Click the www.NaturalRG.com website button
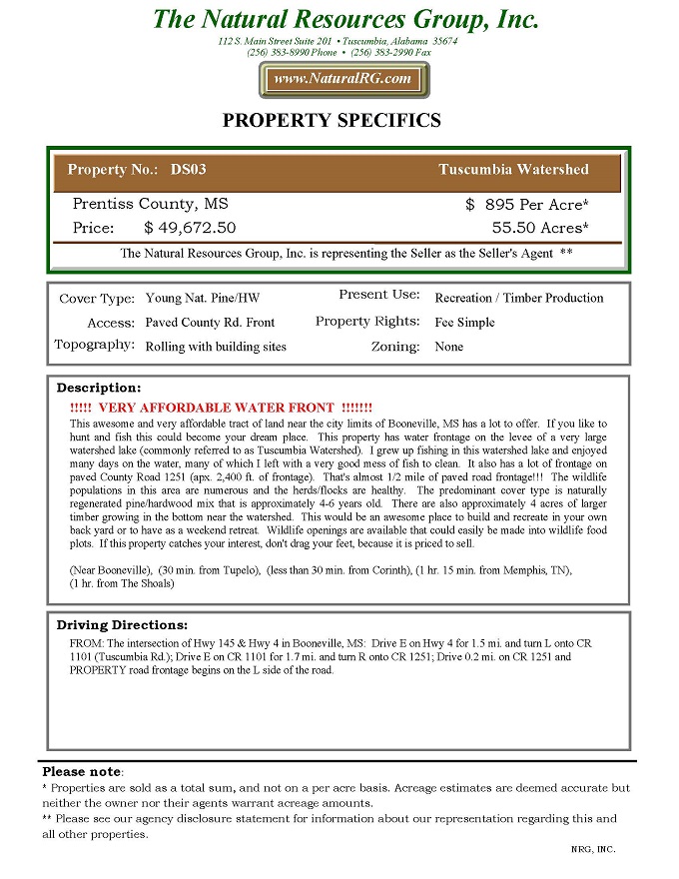(x=342, y=79)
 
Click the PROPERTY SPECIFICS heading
(x=331, y=121)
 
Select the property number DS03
(x=188, y=170)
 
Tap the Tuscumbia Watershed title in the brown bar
(x=513, y=170)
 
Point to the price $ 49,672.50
(x=190, y=228)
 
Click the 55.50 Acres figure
(x=540, y=228)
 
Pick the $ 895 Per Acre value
(x=527, y=204)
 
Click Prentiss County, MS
(x=150, y=204)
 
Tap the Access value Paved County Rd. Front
(x=210, y=323)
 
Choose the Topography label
(x=95, y=346)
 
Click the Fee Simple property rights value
(x=464, y=323)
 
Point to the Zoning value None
(x=448, y=347)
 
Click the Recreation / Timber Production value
(x=519, y=298)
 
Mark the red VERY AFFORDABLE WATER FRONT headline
(x=222, y=408)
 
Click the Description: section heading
(x=99, y=388)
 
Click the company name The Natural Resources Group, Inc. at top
(x=345, y=20)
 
